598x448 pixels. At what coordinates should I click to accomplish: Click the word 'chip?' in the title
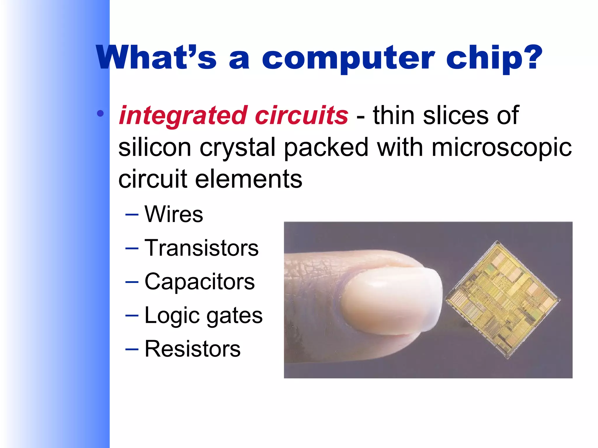pyautogui.click(x=494, y=58)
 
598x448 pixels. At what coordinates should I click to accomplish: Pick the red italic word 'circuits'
pyautogui.click(x=301, y=115)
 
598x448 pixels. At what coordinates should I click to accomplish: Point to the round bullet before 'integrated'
pyautogui.click(x=100, y=113)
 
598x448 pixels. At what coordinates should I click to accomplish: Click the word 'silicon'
pyautogui.click(x=154, y=147)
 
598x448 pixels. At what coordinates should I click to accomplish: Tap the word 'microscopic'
pyautogui.click(x=501, y=148)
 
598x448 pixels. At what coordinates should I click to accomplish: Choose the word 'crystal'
pyautogui.click(x=237, y=148)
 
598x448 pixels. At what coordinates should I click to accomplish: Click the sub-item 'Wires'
pyautogui.click(x=174, y=214)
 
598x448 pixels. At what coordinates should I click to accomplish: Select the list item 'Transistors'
pyautogui.click(x=201, y=248)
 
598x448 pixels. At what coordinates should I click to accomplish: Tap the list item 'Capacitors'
pyautogui.click(x=200, y=282)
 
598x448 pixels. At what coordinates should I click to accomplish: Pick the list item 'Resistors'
pyautogui.click(x=192, y=349)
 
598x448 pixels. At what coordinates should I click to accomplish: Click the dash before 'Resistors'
pyautogui.click(x=132, y=349)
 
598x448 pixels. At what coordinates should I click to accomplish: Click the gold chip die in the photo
pyautogui.click(x=502, y=300)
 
